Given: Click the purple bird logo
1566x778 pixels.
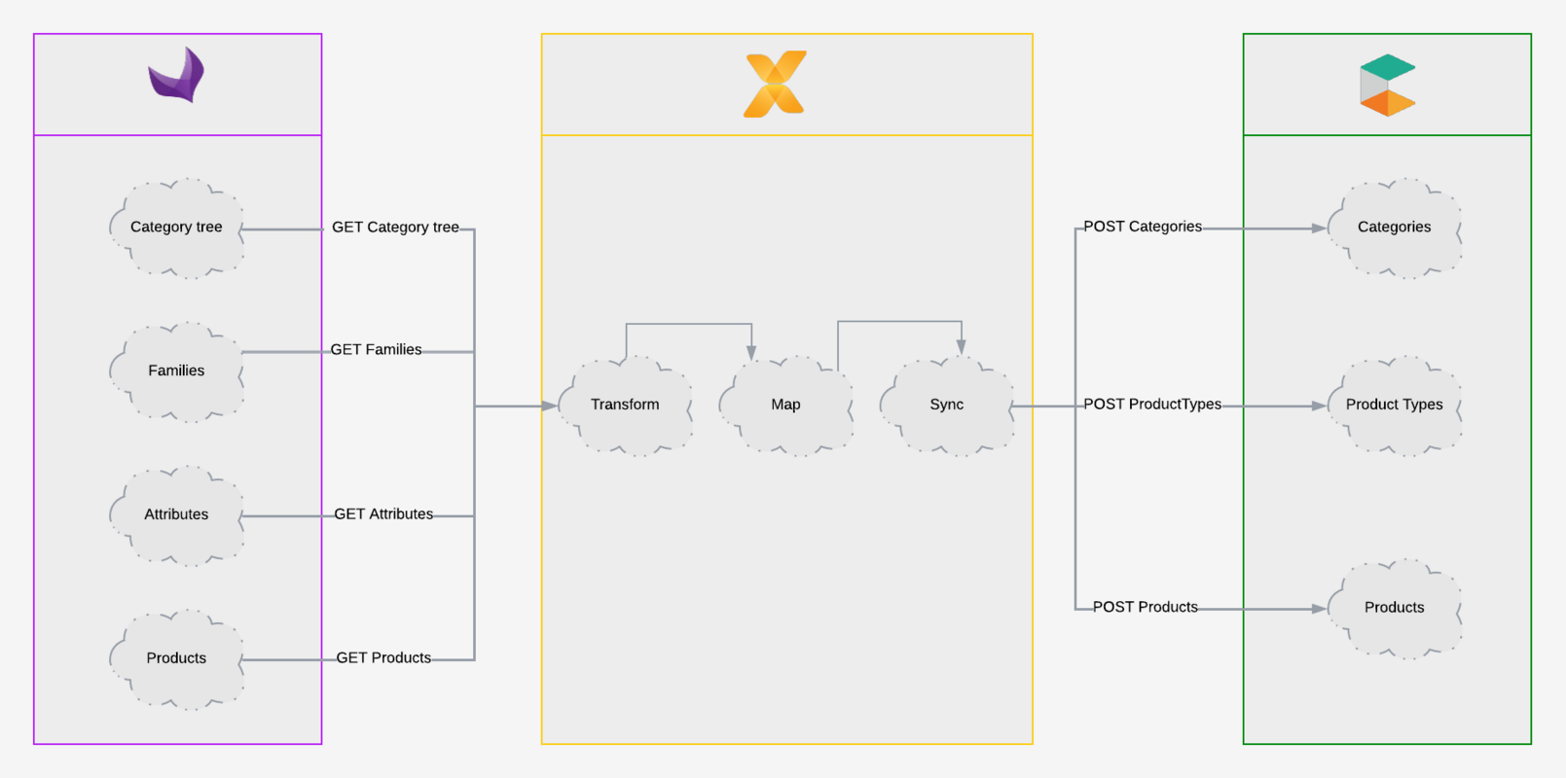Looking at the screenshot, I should click(177, 75).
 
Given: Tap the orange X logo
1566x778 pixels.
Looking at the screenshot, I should click(775, 85).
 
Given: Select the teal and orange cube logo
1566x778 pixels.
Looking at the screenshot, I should click(1387, 85).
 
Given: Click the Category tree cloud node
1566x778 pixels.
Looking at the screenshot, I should click(176, 228).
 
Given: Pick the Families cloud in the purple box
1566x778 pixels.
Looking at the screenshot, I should click(176, 371).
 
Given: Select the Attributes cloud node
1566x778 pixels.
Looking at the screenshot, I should click(176, 514).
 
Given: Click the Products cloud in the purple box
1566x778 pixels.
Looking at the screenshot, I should click(176, 658).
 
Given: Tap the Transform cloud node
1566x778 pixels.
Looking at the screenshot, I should click(625, 405).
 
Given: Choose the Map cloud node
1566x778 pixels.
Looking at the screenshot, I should click(785, 405).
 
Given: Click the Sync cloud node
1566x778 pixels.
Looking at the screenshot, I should click(946, 405).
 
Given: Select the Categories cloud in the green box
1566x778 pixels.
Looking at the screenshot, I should click(1394, 228).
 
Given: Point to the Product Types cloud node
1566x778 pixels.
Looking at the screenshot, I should click(1394, 405).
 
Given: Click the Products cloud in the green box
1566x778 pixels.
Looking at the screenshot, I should click(1394, 608).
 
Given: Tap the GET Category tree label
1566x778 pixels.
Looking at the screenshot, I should click(395, 228).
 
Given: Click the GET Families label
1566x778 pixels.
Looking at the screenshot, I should click(376, 350).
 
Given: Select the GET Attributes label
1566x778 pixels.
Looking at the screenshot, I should click(383, 514).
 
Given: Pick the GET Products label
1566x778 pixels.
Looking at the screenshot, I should click(383, 658).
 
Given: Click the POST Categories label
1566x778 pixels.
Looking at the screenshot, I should click(1143, 227).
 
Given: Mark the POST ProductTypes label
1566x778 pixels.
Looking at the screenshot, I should click(1152, 405).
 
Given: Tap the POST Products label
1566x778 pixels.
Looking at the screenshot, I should click(1145, 607).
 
